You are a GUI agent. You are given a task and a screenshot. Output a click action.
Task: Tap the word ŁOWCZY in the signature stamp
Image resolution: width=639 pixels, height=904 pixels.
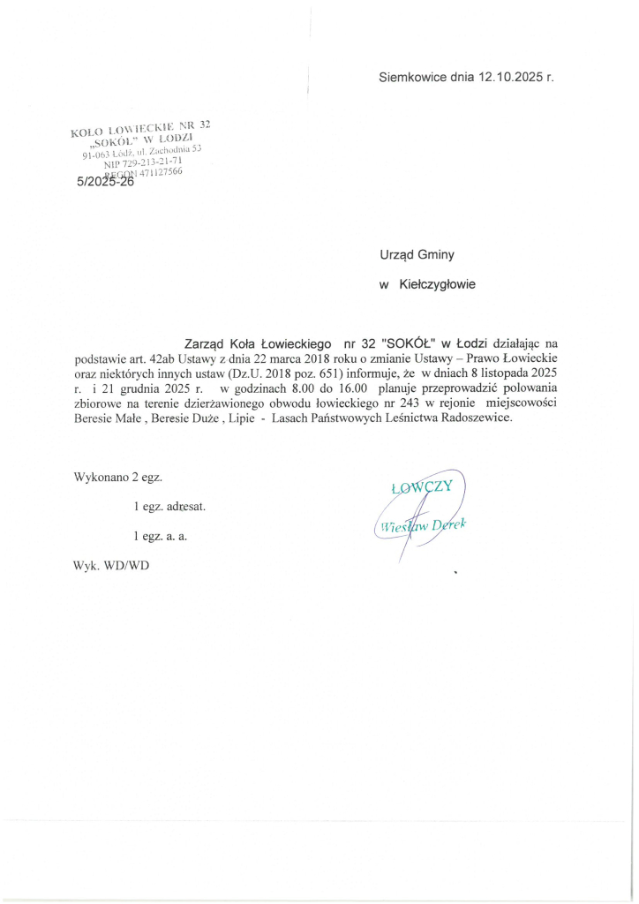pyautogui.click(x=420, y=488)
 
